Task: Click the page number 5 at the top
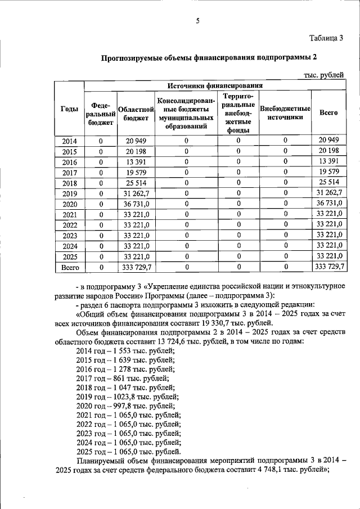click(x=197, y=21)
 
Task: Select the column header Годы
click(x=69, y=111)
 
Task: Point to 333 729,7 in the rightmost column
click(x=328, y=268)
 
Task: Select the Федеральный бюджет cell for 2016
click(x=101, y=162)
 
